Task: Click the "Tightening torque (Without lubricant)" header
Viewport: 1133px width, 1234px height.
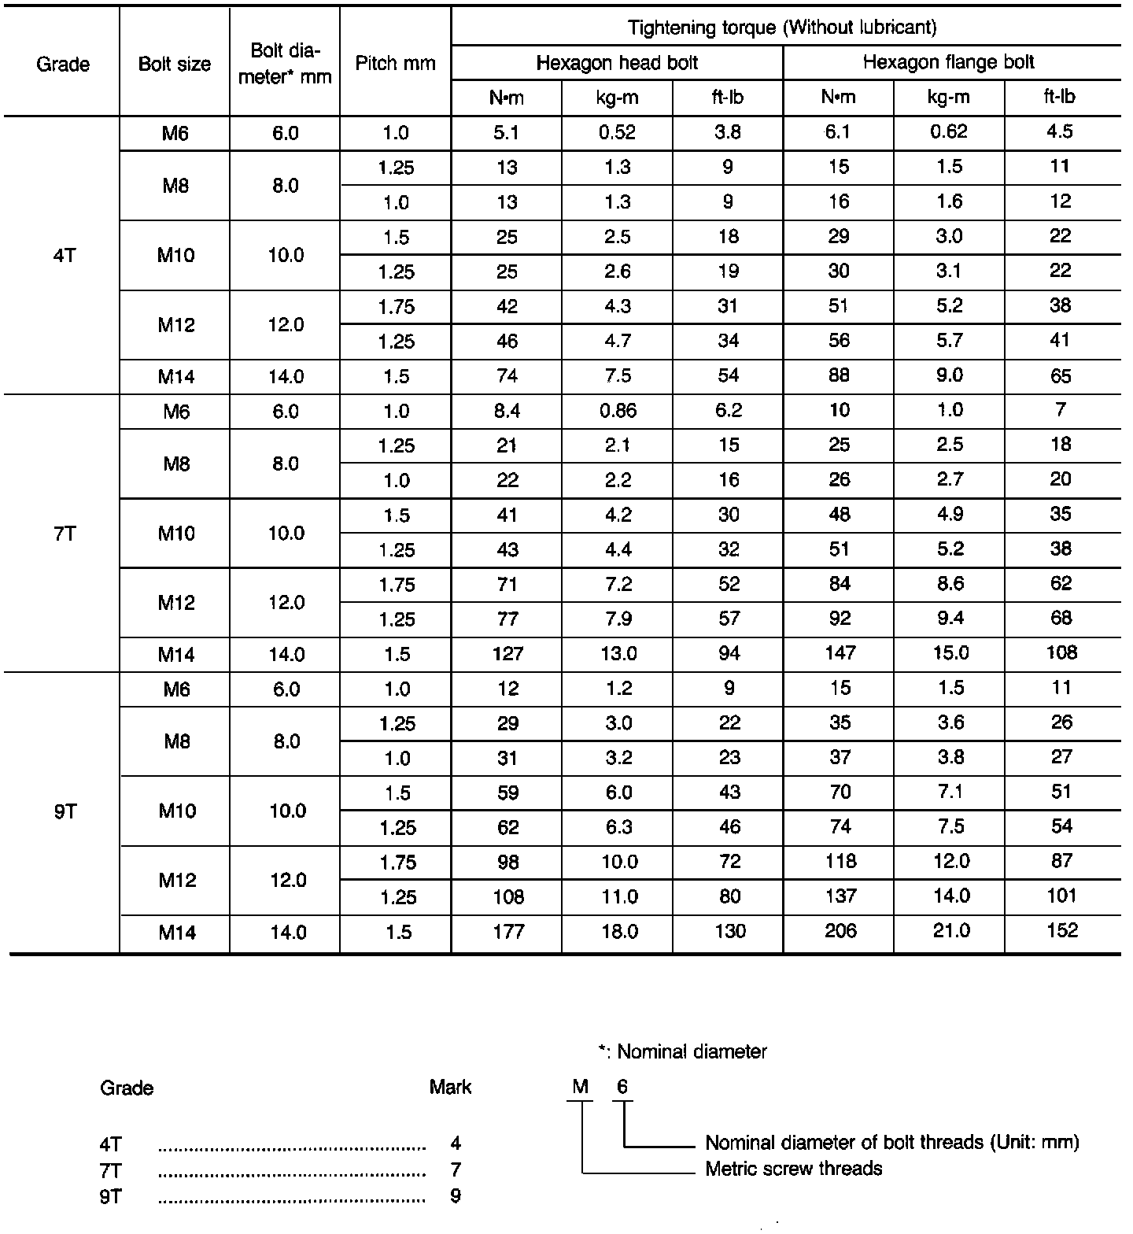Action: (x=783, y=28)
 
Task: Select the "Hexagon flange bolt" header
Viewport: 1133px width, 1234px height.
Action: (x=948, y=62)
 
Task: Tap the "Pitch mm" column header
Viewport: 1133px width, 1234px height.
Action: (x=395, y=64)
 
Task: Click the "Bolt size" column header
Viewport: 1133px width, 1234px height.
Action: (x=175, y=65)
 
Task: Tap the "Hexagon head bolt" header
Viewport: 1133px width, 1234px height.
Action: (x=617, y=62)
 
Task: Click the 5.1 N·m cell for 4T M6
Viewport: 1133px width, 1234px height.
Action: (x=507, y=133)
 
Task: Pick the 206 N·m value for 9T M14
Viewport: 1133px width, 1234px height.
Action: (x=840, y=931)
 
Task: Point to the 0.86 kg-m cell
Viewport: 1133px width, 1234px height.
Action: (x=618, y=410)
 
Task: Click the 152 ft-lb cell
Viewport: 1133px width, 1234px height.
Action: (x=1062, y=931)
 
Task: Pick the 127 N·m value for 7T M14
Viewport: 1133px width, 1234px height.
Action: (x=507, y=653)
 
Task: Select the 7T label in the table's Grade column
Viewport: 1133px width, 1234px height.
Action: (x=65, y=534)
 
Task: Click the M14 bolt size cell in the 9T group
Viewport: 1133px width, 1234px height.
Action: (x=177, y=933)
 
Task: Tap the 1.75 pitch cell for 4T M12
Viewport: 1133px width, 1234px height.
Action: (x=396, y=307)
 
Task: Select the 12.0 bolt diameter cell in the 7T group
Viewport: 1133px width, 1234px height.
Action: (x=286, y=603)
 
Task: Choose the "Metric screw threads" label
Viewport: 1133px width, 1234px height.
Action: (x=793, y=1169)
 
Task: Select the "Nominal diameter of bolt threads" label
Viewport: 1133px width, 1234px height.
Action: (x=891, y=1142)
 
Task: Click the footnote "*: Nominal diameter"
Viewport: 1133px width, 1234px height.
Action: (x=681, y=1051)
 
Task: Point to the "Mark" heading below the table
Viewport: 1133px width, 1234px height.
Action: (x=450, y=1088)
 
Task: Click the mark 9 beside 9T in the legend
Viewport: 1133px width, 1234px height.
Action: (x=456, y=1196)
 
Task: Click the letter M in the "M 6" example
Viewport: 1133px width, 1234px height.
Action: (x=581, y=1087)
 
